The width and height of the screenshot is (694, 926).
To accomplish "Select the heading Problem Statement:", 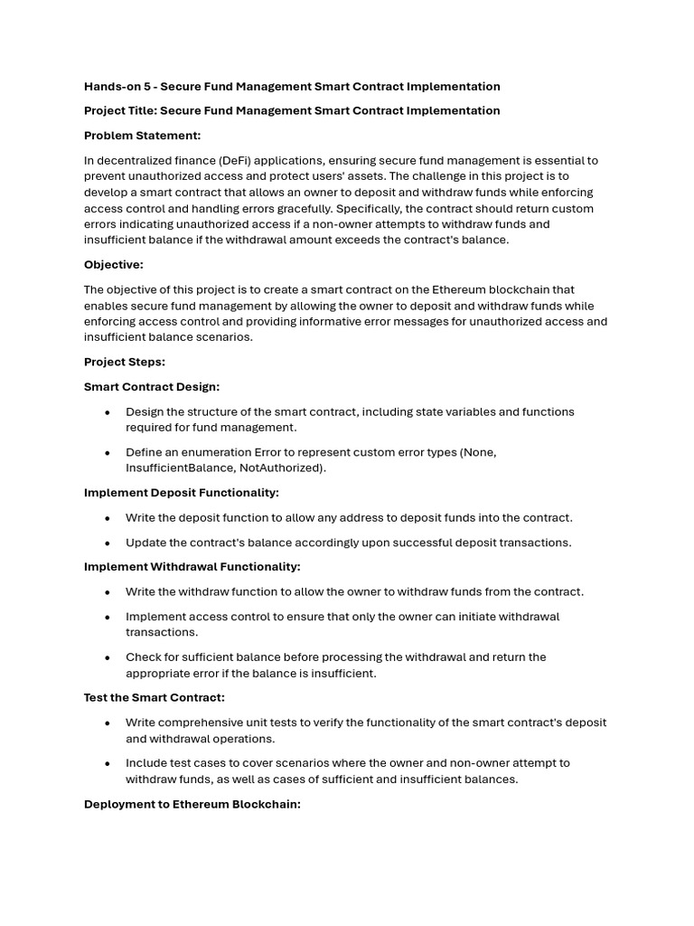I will pyautogui.click(x=142, y=136).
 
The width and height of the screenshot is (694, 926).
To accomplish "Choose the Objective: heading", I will pyautogui.click(x=114, y=265).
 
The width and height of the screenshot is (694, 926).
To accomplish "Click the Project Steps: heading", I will pyautogui.click(x=125, y=362).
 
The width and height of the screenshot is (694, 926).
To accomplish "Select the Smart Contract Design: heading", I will pyautogui.click(x=152, y=387).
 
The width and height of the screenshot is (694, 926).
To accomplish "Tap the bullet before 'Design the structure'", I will pyautogui.click(x=108, y=412).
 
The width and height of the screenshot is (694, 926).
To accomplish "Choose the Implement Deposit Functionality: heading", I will pyautogui.click(x=182, y=493).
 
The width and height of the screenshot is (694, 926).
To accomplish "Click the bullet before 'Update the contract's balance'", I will pyautogui.click(x=108, y=543).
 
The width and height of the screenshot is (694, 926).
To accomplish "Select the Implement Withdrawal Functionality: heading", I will pyautogui.click(x=192, y=567).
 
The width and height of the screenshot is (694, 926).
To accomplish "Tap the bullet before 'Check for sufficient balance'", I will pyautogui.click(x=108, y=657).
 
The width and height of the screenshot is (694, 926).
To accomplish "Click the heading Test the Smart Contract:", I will pyautogui.click(x=155, y=698).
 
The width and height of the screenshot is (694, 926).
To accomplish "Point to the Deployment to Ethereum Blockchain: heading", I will pyautogui.click(x=192, y=804).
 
